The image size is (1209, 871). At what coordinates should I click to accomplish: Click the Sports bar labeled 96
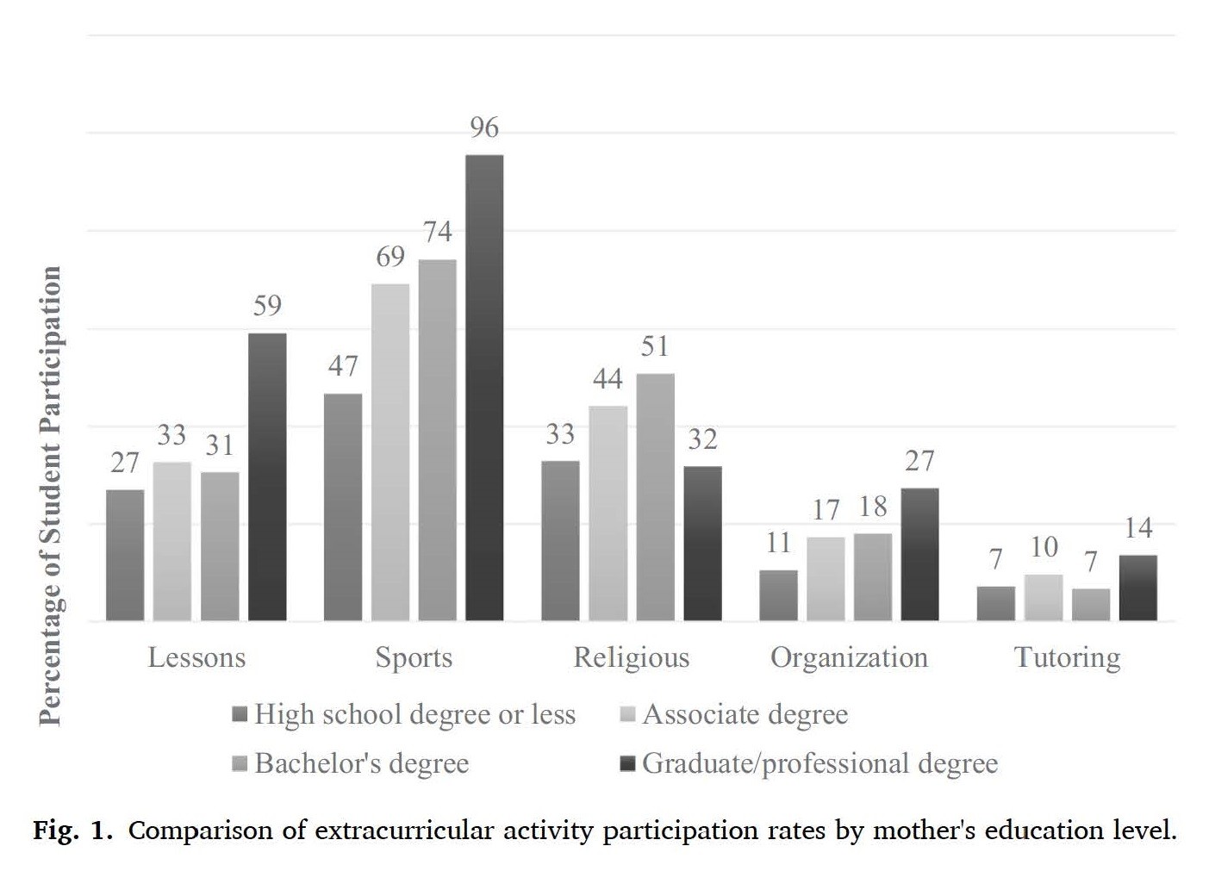(484, 388)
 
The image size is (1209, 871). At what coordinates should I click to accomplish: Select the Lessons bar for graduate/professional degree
(267, 476)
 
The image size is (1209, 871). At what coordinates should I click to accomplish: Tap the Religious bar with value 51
(655, 496)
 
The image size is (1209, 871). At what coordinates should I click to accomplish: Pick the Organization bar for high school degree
(778, 594)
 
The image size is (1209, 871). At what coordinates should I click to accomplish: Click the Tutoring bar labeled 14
(1137, 588)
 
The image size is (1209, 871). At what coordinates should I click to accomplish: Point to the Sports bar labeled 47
(343, 507)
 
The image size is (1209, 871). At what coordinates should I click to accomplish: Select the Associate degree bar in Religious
(608, 513)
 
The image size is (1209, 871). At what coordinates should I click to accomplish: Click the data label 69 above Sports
(390, 257)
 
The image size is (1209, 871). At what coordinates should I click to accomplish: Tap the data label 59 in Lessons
(267, 306)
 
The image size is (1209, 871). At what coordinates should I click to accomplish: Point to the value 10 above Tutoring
(1044, 547)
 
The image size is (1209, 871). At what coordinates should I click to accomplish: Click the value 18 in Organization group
(873, 507)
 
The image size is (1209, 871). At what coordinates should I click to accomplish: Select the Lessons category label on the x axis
(196, 658)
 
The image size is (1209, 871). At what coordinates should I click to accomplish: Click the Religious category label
(632, 658)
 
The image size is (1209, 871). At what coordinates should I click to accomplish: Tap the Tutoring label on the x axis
(1067, 658)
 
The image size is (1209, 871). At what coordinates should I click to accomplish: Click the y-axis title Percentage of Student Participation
(51, 495)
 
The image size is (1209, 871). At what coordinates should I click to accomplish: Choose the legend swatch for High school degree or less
(240, 715)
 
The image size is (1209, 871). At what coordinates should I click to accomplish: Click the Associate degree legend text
(745, 715)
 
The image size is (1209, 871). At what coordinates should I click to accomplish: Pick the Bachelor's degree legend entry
(361, 764)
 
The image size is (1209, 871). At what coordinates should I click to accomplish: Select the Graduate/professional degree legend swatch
(627, 764)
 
